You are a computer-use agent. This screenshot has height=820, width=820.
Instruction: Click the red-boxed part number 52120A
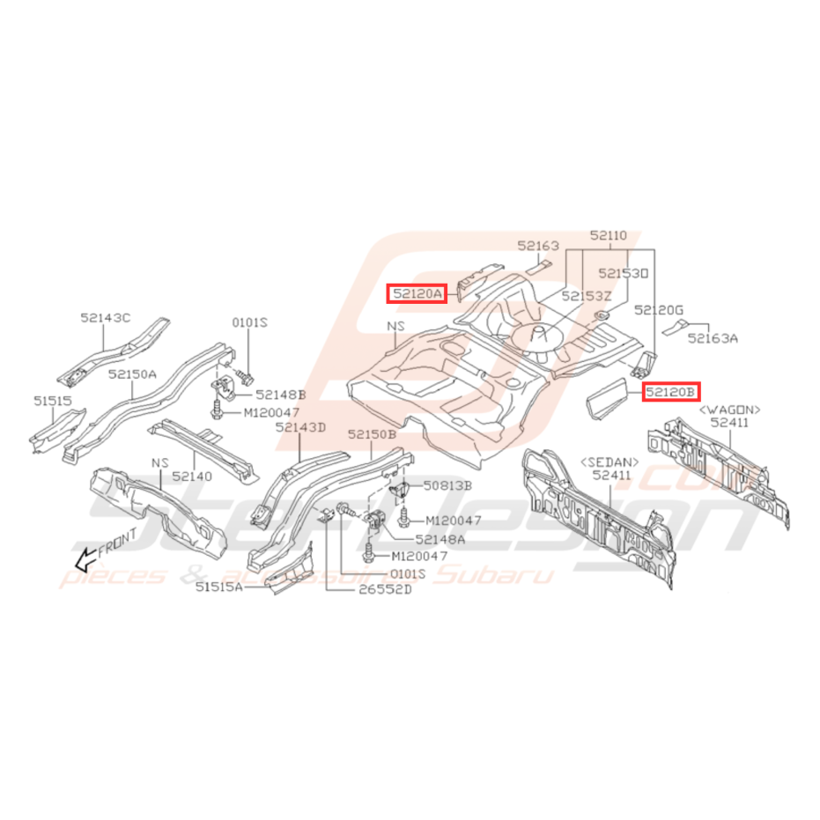[417, 292]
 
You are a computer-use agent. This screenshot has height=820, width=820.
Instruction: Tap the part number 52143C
[105, 318]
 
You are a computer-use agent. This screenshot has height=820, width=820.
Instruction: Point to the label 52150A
[132, 373]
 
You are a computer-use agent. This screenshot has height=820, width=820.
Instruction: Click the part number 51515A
[219, 585]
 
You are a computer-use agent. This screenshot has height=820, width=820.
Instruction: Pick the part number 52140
[193, 475]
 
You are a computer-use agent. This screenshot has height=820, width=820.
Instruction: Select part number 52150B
[372, 434]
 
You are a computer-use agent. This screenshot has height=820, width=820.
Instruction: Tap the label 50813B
[447, 484]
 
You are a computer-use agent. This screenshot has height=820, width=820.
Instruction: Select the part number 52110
[609, 235]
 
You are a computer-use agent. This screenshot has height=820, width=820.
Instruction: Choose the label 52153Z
[586, 296]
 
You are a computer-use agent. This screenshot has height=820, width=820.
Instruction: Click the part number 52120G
[659, 309]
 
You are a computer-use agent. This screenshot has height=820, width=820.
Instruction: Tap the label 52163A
[714, 336]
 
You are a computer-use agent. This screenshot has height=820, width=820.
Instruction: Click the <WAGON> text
[729, 410]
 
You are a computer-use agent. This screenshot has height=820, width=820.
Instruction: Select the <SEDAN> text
[609, 462]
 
